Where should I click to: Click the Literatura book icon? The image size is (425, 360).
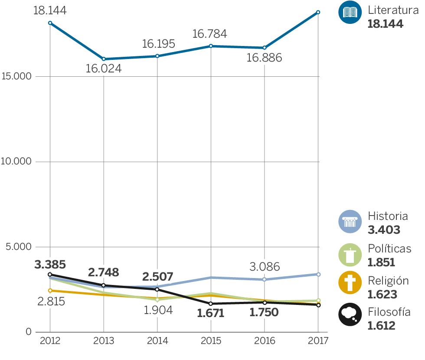pos(350,13)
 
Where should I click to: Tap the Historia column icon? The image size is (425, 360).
pos(350,222)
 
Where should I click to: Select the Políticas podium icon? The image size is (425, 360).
pos(350,255)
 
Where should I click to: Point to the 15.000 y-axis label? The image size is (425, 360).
pos(17,77)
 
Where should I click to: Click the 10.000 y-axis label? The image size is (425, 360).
pos(17,162)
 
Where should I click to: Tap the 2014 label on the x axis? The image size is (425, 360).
pos(157,340)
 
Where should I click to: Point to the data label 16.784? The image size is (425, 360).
pos(210,34)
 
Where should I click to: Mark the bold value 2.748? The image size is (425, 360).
pos(103,272)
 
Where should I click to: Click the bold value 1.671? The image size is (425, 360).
pos(211,313)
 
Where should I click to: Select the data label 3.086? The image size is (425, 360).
pos(264,266)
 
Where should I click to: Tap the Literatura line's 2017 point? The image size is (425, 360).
pos(318,12)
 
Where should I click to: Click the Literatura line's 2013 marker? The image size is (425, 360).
pos(104,59)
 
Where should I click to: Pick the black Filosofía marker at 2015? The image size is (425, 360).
pos(211,304)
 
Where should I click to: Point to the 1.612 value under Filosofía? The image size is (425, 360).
pos(381,325)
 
